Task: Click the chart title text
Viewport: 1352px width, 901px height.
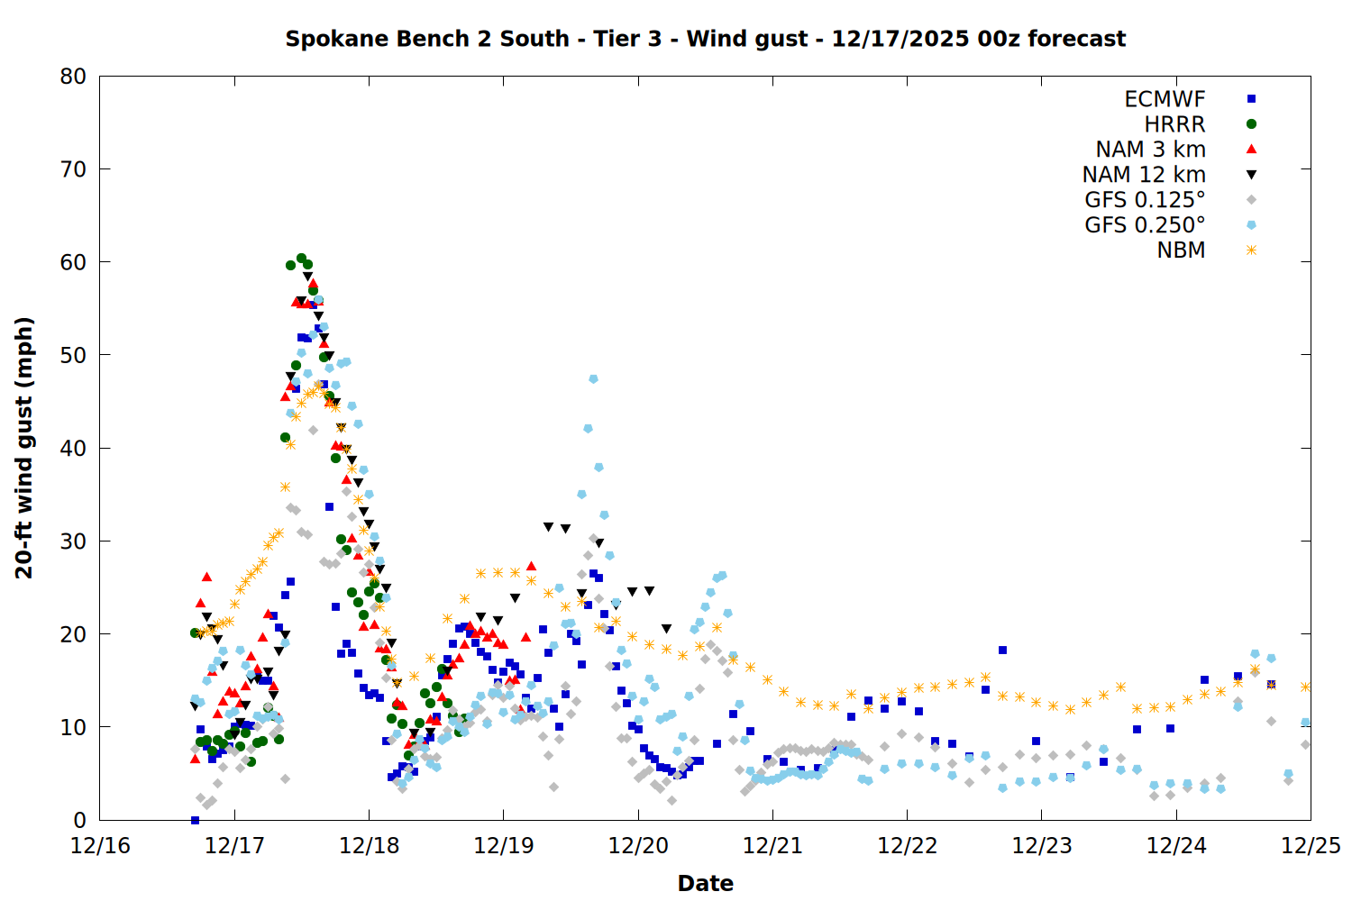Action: tap(705, 39)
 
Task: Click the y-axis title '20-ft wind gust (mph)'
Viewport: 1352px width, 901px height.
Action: tap(24, 448)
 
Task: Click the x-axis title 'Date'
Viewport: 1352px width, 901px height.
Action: tap(705, 883)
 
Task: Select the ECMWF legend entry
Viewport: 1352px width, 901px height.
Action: tap(1165, 99)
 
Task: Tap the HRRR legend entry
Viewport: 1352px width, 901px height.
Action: tap(1174, 124)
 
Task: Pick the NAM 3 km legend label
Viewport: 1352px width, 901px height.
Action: tap(1150, 150)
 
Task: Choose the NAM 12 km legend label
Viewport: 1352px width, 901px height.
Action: tap(1144, 175)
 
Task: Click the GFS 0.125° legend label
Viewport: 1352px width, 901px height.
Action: tap(1145, 200)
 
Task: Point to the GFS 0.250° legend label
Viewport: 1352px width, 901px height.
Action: tap(1145, 225)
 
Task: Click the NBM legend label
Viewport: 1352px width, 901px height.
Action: tap(1181, 250)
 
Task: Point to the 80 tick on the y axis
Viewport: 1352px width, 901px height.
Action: tap(74, 77)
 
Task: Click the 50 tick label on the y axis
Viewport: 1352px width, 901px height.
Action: tap(74, 355)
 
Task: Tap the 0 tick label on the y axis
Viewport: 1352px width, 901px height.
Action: tap(80, 820)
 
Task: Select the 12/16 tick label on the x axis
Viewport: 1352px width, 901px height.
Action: tap(100, 846)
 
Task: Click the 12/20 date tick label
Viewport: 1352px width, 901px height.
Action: tap(638, 846)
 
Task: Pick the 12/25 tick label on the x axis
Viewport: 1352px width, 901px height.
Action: tap(1311, 846)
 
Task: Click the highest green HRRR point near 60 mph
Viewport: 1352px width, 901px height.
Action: tap(302, 259)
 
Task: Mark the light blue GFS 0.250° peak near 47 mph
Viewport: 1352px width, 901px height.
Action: tap(593, 379)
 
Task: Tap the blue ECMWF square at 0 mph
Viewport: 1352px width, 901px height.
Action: tap(195, 820)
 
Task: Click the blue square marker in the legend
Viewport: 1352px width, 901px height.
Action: tap(1251, 99)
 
